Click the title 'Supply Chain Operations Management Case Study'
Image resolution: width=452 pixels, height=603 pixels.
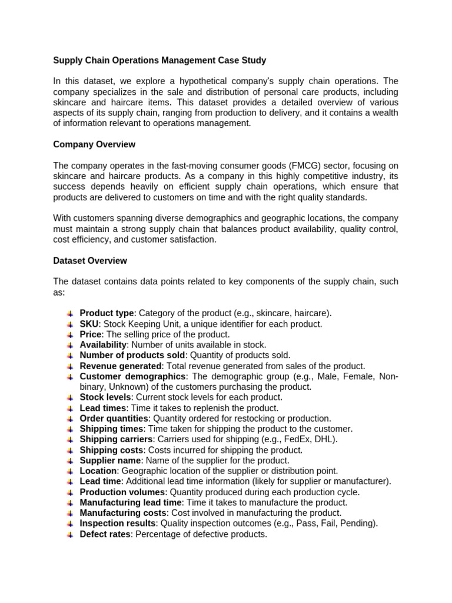[x=159, y=60]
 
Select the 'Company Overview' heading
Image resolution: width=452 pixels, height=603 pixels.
[x=94, y=144]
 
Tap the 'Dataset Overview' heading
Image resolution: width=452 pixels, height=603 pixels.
[x=90, y=260]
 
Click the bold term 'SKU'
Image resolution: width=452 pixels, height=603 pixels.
[x=90, y=324]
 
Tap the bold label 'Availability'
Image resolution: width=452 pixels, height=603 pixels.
[x=103, y=344]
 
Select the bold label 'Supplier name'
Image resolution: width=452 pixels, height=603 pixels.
[x=111, y=460]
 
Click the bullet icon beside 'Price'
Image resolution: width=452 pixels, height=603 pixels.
[x=70, y=334]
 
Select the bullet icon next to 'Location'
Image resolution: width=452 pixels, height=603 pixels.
[x=70, y=471]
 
